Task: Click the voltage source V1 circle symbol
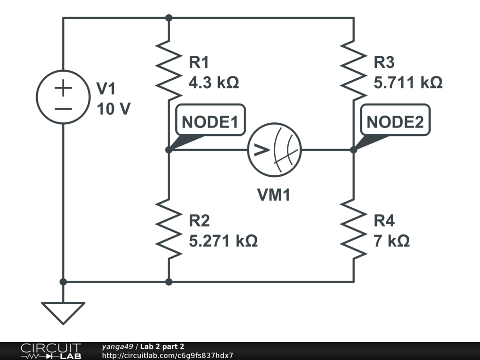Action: [63, 97]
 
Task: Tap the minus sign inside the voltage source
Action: [63, 109]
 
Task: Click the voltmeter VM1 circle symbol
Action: [274, 150]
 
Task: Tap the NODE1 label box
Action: [210, 122]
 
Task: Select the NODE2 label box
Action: [395, 122]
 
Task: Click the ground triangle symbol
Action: [63, 312]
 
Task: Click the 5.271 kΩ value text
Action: [223, 241]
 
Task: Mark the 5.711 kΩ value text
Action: [408, 83]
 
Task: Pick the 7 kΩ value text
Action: [391, 241]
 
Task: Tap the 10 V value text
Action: [113, 109]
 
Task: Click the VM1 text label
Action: [274, 195]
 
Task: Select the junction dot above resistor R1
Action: [169, 18]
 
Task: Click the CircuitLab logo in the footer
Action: [50, 351]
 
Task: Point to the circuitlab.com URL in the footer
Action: [167, 356]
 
